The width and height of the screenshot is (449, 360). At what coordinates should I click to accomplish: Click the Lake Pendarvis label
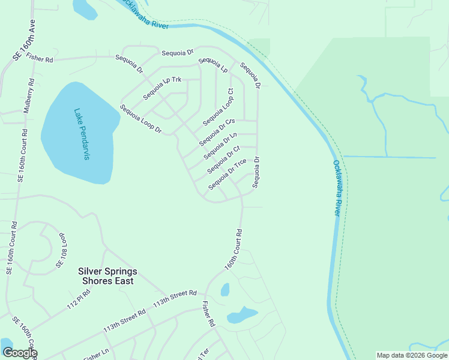(x=82, y=134)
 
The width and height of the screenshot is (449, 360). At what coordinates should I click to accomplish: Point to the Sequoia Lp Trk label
(x=162, y=88)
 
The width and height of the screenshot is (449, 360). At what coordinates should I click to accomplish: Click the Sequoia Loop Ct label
(x=218, y=107)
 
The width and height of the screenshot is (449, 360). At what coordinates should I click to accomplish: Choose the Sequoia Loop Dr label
(x=141, y=119)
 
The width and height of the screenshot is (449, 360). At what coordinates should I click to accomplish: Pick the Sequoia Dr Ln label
(x=220, y=146)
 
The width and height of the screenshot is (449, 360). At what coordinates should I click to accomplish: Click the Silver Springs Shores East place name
(x=107, y=276)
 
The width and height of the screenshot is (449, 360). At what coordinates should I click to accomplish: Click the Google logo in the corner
(x=19, y=353)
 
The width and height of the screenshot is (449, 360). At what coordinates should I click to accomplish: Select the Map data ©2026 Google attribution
(x=411, y=355)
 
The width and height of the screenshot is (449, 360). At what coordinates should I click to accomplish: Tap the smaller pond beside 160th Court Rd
(x=225, y=290)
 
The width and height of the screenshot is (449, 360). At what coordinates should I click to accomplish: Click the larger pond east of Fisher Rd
(x=242, y=314)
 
